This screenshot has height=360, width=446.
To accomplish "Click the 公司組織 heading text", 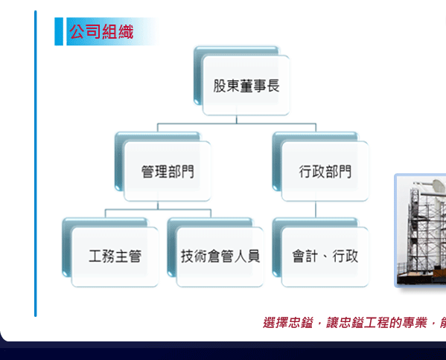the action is [101, 31].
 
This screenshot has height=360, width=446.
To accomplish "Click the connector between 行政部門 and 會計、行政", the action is [316, 210].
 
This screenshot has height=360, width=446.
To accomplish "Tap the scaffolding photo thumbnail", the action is [421, 230].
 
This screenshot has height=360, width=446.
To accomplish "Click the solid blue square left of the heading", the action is [59, 31].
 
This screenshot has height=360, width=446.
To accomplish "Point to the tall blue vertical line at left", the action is [36, 164].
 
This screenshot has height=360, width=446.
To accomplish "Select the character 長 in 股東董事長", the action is [273, 86].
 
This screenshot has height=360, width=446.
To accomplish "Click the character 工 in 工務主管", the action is [95, 256].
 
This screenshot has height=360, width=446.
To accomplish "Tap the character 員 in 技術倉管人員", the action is [253, 256].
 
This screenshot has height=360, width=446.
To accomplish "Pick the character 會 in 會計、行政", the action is [299, 256].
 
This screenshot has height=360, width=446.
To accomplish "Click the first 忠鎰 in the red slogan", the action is [300, 323].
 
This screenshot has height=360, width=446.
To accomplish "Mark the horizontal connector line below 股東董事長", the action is [237, 123].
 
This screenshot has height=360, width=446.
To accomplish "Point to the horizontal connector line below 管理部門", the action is [158, 210].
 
